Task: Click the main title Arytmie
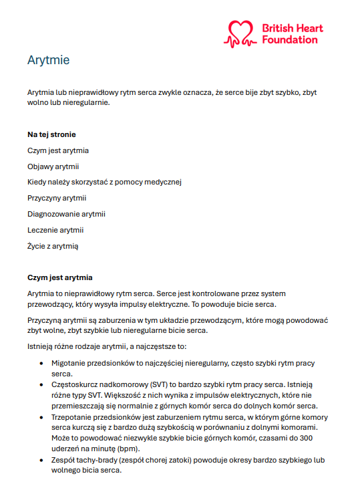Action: [48, 61]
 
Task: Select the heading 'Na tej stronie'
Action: [51, 134]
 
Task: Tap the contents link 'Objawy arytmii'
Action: [53, 166]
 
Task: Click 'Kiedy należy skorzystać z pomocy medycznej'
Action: [105, 182]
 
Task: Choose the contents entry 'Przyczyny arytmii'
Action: [57, 198]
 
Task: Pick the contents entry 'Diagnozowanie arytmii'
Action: [66, 214]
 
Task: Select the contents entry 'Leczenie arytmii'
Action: [55, 230]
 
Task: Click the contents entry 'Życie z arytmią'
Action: [53, 246]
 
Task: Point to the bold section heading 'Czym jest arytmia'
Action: [60, 277]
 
